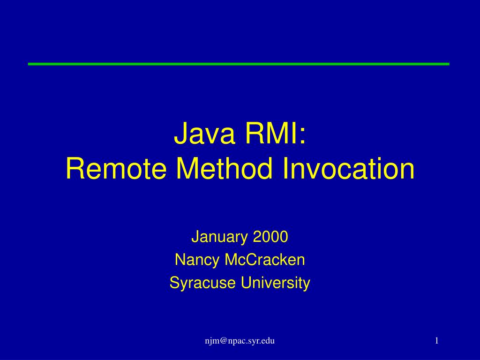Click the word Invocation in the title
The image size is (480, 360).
tap(349, 169)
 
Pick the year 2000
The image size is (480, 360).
tap(270, 238)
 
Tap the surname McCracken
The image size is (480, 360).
tap(265, 260)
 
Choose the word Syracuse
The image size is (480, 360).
tap(203, 283)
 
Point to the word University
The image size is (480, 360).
tap(276, 283)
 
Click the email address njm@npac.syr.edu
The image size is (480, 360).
tap(240, 341)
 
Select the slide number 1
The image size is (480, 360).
tap(436, 341)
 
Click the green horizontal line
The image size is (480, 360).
tap(239, 64)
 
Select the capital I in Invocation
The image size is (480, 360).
tap(286, 169)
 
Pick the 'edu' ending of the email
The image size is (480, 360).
tap(268, 341)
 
